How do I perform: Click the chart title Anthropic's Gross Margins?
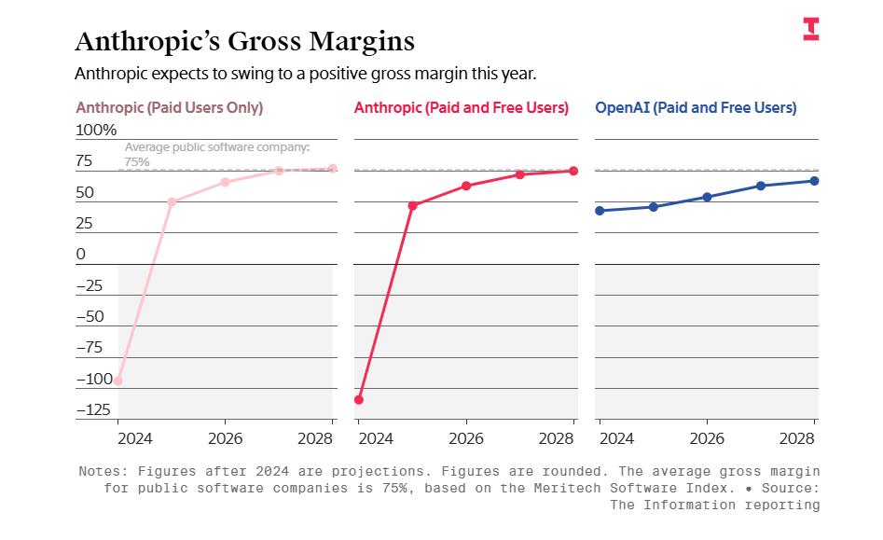tap(244, 42)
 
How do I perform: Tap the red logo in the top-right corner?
tap(811, 29)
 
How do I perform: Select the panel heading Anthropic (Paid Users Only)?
tap(169, 108)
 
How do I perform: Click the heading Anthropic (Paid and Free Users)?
tap(461, 108)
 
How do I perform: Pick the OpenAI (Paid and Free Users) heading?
tap(696, 108)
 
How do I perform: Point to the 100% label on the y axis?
tap(96, 130)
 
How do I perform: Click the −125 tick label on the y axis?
tap(93, 409)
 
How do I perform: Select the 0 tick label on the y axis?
tap(80, 254)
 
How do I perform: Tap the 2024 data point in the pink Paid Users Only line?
tap(118, 381)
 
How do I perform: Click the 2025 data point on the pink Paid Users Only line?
tap(172, 201)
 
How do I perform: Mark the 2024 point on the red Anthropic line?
tap(359, 399)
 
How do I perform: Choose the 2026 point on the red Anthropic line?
tap(466, 186)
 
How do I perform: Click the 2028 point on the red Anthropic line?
tap(573, 171)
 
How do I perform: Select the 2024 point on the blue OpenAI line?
tap(600, 211)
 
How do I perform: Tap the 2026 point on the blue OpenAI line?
tap(707, 197)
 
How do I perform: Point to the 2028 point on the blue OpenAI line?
tap(814, 181)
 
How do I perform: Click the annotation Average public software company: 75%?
tap(216, 154)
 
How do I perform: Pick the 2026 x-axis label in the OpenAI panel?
tap(707, 438)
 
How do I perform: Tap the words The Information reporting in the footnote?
tap(714, 505)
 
